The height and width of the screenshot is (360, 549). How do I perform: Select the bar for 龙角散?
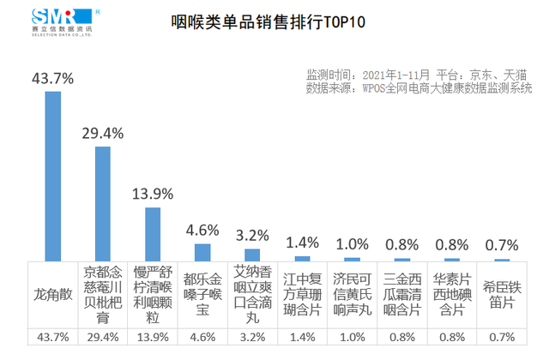point(53,175)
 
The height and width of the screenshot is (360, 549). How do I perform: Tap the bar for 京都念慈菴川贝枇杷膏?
point(103,203)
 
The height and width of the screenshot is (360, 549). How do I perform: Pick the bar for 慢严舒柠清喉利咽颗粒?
point(153,233)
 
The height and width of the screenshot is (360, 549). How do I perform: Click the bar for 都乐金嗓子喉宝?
point(202,251)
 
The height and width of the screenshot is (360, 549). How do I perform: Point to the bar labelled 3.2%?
point(252,255)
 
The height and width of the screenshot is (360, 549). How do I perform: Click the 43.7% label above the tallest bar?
point(53,78)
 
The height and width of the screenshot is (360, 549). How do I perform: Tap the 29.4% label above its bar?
point(103,133)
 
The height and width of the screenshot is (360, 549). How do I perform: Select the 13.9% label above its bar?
point(153,194)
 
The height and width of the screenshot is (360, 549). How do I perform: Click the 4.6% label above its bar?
point(202,230)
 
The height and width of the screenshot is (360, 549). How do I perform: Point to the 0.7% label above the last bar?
point(501,245)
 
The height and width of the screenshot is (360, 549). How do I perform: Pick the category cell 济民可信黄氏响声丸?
point(352,294)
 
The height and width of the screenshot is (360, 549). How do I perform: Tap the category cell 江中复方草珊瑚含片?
point(302,294)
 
